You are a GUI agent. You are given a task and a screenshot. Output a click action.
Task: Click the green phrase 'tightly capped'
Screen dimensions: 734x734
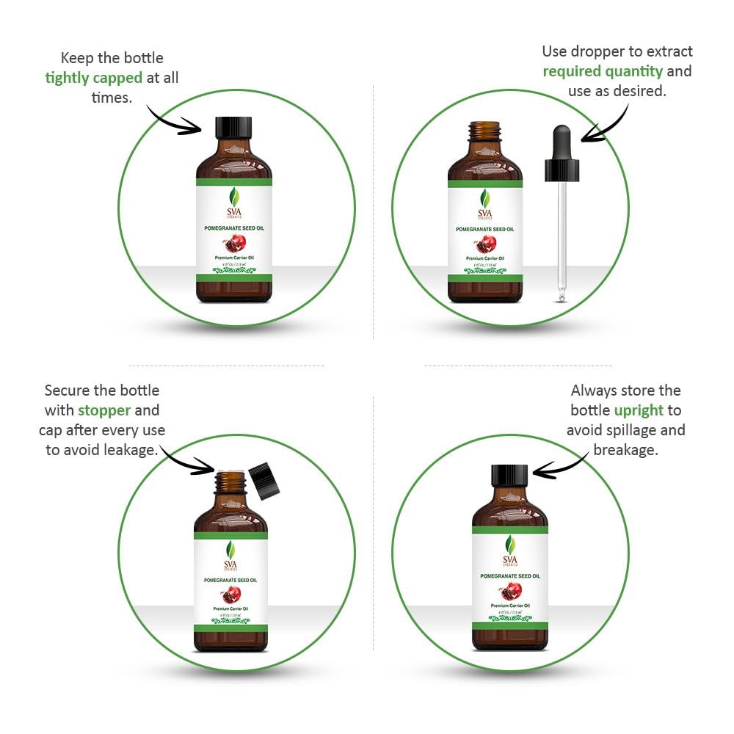[93, 78]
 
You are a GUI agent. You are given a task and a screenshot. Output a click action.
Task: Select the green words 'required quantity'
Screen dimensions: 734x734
[603, 71]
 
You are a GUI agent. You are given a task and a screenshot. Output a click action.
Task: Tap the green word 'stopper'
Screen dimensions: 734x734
[104, 410]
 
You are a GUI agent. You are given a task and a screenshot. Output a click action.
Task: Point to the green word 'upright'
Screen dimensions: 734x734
[639, 410]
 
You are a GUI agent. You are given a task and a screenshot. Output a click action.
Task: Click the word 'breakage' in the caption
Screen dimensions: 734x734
[625, 449]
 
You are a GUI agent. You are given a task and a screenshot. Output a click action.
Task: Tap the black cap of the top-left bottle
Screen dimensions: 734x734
[233, 127]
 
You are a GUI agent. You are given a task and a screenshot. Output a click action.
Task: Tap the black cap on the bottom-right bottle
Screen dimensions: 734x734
[509, 476]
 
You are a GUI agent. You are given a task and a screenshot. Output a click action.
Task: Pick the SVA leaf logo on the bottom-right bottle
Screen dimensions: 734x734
[509, 545]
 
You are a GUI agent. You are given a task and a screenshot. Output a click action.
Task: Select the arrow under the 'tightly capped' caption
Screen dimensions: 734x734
[172, 119]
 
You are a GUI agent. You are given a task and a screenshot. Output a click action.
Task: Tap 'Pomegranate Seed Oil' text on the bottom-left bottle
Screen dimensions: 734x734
[230, 580]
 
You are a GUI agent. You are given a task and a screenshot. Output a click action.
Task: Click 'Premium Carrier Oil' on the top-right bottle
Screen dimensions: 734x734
[485, 258]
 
